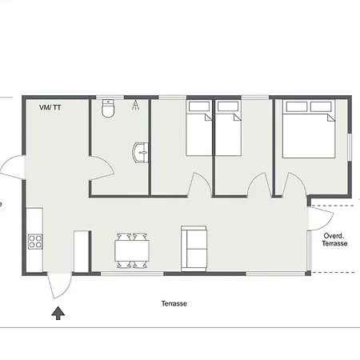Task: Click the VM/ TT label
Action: pyautogui.click(x=50, y=107)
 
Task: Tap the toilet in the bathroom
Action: pyautogui.click(x=108, y=108)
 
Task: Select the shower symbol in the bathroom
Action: pyautogui.click(x=136, y=105)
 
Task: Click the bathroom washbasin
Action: pyautogui.click(x=140, y=153)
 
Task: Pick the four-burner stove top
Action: pyautogui.click(x=35, y=242)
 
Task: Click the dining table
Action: pyautogui.click(x=132, y=250)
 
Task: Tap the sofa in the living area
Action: pyautogui.click(x=194, y=249)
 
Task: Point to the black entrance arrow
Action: pyautogui.click(x=58, y=313)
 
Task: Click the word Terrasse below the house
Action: pyautogui.click(x=174, y=303)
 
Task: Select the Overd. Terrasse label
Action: pyautogui.click(x=334, y=239)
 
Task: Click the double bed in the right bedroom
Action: pyautogui.click(x=309, y=129)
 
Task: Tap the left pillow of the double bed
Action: pyautogui.click(x=297, y=106)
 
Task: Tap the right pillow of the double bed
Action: pyautogui.click(x=321, y=106)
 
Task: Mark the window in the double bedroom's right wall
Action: pyautogui.click(x=350, y=147)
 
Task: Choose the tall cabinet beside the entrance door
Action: pyautogui.click(x=81, y=251)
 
